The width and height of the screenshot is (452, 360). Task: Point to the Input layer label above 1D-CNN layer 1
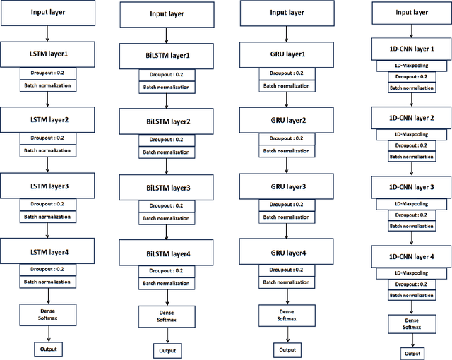coord(412,12)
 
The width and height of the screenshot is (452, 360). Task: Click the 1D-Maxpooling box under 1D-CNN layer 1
coord(412,65)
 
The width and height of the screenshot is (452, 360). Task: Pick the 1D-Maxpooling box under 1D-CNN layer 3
coord(412,203)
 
